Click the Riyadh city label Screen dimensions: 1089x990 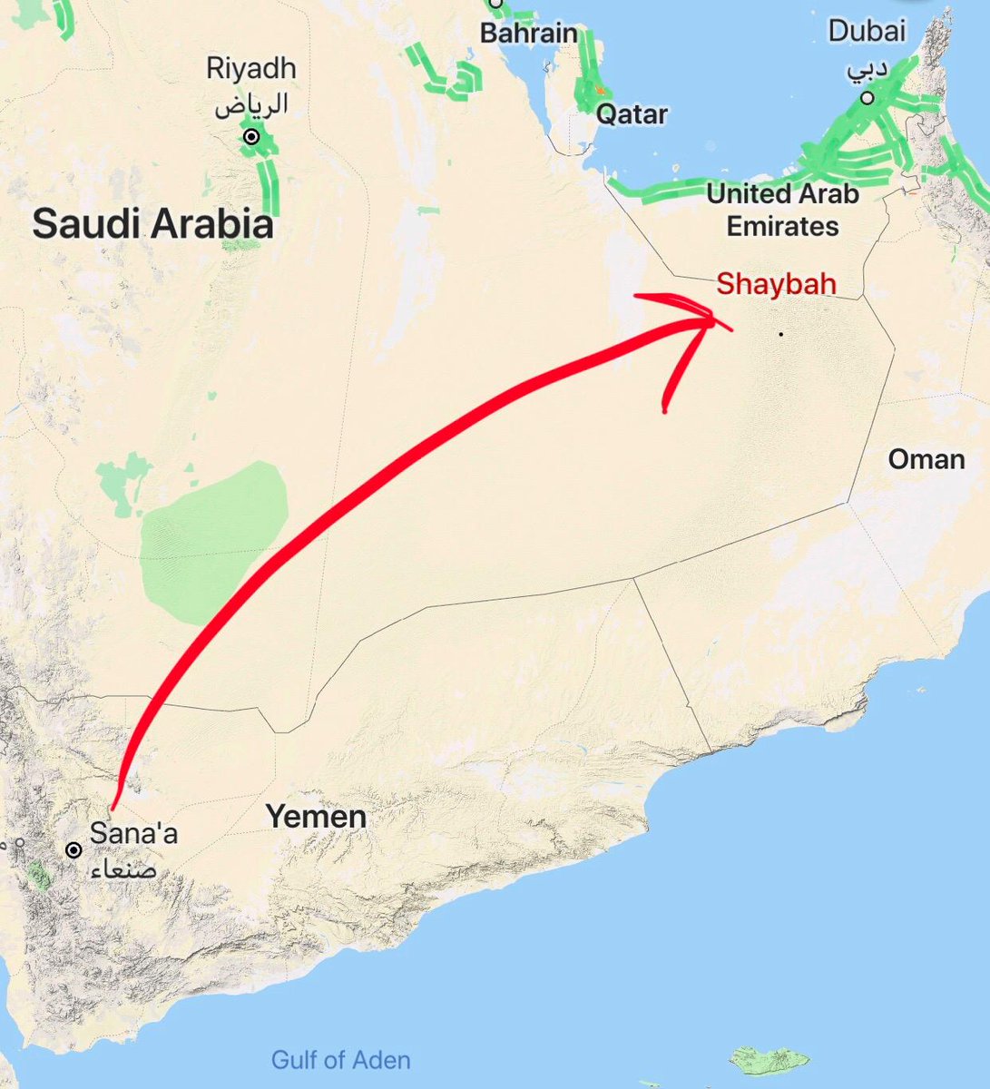pyautogui.click(x=250, y=69)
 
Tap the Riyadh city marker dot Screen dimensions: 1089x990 pyautogui.click(x=251, y=138)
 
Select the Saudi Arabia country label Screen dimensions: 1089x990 pyautogui.click(x=152, y=224)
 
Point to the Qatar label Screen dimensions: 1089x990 pyautogui.click(x=632, y=114)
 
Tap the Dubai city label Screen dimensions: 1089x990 pyautogui.click(x=867, y=32)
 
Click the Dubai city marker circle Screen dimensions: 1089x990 pyautogui.click(x=868, y=98)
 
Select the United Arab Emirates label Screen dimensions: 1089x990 pyautogui.click(x=782, y=210)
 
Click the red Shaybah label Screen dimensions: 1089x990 pyautogui.click(x=775, y=284)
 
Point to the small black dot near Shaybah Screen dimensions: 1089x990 pyautogui.click(x=779, y=334)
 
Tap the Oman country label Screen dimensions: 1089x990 pyautogui.click(x=926, y=458)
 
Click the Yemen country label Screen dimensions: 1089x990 pyautogui.click(x=316, y=817)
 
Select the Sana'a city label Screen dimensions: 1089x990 pyautogui.click(x=134, y=833)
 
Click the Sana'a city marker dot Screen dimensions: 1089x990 pyautogui.click(x=74, y=851)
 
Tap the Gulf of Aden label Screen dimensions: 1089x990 pyautogui.click(x=340, y=1059)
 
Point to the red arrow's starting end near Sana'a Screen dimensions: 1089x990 pyautogui.click(x=113, y=807)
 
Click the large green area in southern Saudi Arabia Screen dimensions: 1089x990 pyautogui.click(x=213, y=544)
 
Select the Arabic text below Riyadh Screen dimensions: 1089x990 pyautogui.click(x=251, y=103)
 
